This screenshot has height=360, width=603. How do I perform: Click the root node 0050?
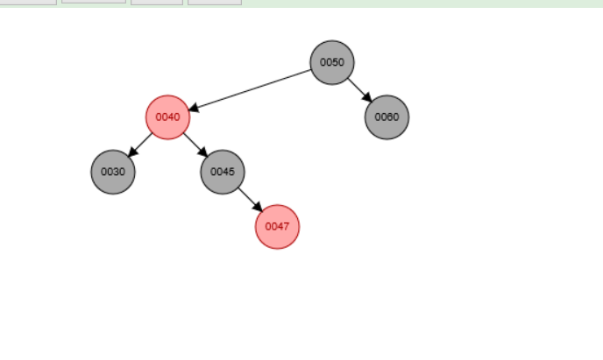coord(331,62)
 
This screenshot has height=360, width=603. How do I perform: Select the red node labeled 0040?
coord(167,116)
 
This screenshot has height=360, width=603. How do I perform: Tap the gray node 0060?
coord(387,116)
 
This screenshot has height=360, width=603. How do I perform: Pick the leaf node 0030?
coord(113,172)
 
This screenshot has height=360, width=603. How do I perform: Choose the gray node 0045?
coord(223,172)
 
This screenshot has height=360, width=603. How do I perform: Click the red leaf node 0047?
coord(277,226)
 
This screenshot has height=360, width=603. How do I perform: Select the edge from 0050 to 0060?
coord(357,87)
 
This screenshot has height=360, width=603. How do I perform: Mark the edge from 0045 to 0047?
coord(248,197)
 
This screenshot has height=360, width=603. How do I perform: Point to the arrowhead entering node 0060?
coord(366,96)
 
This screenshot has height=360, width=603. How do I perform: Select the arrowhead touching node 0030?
coord(132,152)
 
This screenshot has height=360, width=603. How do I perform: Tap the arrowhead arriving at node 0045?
coord(202,152)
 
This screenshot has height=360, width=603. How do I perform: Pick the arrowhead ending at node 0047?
coord(258,207)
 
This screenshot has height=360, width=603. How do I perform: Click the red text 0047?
coord(277,226)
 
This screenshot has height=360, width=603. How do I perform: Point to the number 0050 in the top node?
coord(331,62)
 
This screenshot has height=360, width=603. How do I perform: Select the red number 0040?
coord(167,116)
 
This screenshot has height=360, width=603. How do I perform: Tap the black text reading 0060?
coord(387,116)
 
